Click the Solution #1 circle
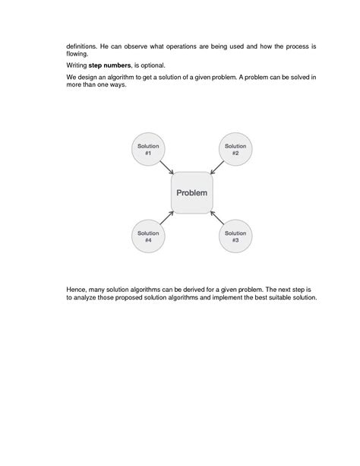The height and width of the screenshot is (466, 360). (x=148, y=150)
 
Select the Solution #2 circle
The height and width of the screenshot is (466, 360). (x=235, y=150)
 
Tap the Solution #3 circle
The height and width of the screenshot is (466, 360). (x=235, y=236)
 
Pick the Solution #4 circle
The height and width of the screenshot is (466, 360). (x=148, y=236)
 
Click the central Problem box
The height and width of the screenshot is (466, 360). (x=192, y=192)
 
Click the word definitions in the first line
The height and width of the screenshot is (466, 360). (x=84, y=47)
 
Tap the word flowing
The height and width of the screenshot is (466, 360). (x=77, y=55)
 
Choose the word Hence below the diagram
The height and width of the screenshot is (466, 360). (x=77, y=290)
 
